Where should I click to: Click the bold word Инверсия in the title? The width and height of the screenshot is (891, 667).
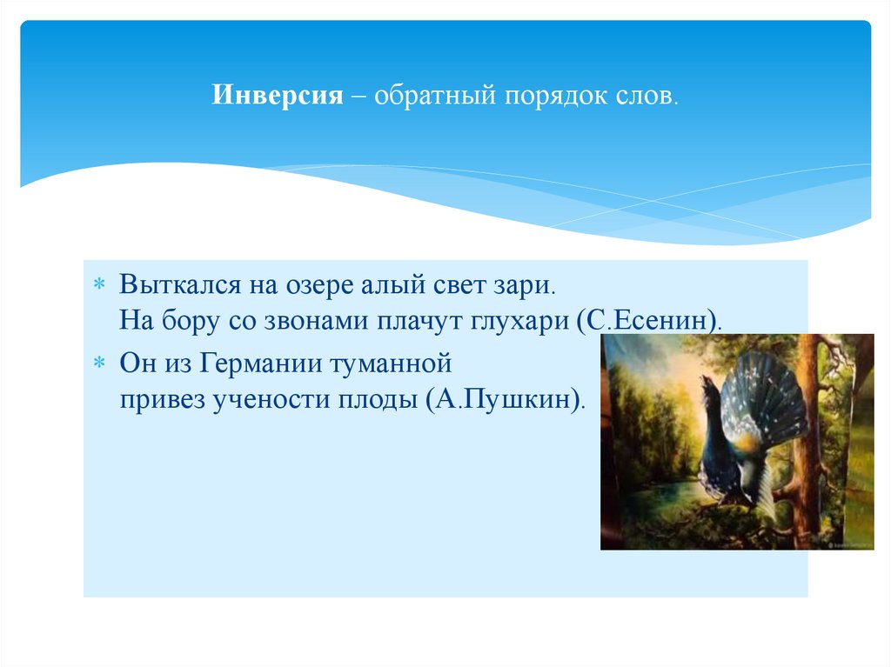tap(278, 95)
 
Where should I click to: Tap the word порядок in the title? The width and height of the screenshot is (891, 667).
tap(550, 95)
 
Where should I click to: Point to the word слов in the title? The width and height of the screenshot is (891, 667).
tap(643, 95)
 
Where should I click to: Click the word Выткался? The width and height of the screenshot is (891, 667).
tap(171, 284)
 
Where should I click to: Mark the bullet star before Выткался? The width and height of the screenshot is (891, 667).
tap(99, 285)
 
